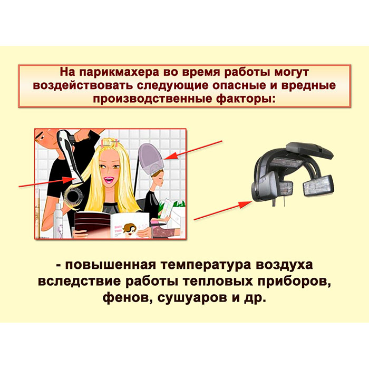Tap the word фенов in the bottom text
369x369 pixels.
(x=126, y=298)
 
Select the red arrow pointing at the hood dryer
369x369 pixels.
(x=193, y=150)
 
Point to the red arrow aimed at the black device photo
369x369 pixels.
(x=223, y=210)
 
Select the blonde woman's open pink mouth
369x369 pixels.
(x=109, y=180)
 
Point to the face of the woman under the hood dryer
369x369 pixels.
(x=159, y=178)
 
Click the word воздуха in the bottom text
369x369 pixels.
(x=284, y=265)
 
